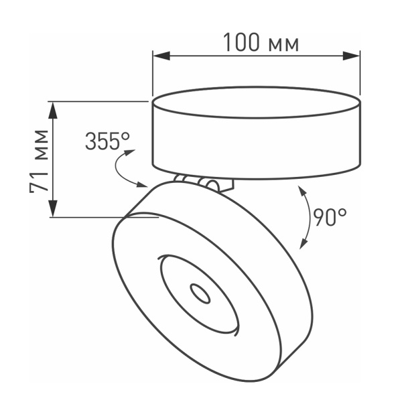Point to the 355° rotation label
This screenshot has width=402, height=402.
107,141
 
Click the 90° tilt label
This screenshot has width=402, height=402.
329,216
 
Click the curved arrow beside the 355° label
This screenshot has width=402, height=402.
123,171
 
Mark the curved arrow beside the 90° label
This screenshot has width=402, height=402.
304,218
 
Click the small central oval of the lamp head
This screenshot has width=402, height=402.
199,292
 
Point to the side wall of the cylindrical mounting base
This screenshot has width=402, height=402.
255,144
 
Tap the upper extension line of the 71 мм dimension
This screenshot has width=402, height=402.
100,102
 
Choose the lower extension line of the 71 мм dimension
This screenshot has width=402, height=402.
100,217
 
